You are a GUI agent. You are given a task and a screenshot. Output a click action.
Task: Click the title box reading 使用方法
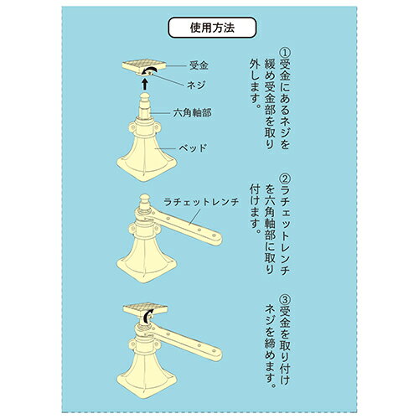212,28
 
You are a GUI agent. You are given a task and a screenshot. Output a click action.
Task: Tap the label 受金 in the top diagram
199,65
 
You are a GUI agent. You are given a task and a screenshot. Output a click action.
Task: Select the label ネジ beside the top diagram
196,85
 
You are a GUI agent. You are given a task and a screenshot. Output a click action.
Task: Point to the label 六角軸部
192,113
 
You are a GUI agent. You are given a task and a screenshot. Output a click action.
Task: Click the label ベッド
193,147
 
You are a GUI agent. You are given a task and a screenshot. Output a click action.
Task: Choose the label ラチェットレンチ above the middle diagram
201,202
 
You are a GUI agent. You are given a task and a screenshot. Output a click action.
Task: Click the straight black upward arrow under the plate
145,84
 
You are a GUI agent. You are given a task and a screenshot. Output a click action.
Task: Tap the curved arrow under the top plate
149,70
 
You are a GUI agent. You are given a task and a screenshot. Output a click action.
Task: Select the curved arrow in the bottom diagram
147,317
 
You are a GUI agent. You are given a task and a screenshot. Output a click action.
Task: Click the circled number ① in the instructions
285,53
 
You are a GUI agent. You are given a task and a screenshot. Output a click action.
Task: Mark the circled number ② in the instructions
285,178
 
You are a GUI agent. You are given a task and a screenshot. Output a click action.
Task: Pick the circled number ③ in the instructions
285,301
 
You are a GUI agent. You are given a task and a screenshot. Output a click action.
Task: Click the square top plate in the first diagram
144,67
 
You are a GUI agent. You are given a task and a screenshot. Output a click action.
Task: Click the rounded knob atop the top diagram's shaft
144,98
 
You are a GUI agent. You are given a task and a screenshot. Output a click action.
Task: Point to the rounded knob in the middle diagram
144,199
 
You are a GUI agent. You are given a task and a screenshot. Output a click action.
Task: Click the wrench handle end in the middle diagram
215,238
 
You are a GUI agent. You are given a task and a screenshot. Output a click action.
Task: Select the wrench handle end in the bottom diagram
215,354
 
